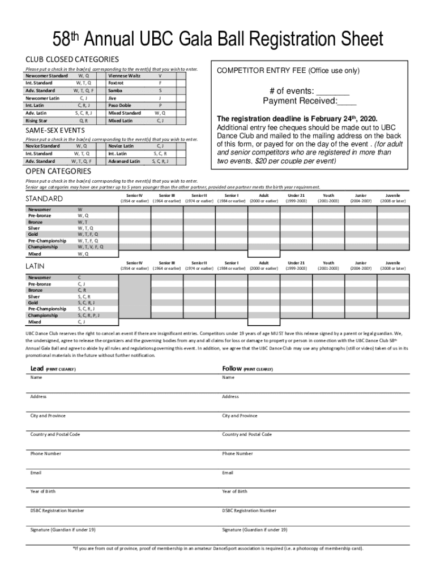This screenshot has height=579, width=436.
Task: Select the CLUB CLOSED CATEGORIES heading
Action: click(x=72, y=59)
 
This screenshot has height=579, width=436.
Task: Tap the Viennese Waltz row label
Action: click(x=124, y=76)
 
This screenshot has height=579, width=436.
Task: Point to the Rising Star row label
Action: click(x=36, y=120)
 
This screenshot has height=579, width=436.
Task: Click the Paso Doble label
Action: click(x=119, y=105)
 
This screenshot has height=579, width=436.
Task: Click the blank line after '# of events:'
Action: click(x=332, y=92)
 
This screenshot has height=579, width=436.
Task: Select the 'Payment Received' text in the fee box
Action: click(x=300, y=101)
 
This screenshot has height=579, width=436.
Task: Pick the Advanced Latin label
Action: click(x=124, y=161)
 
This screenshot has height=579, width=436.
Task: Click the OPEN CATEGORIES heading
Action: click(x=58, y=171)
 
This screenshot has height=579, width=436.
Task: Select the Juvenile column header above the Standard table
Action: click(x=392, y=198)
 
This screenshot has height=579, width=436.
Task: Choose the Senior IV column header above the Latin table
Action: click(x=134, y=266)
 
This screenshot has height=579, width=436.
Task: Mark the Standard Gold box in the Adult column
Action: click(x=263, y=234)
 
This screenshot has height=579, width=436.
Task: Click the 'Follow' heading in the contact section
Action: click(x=232, y=369)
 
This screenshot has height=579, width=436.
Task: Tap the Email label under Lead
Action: click(x=36, y=473)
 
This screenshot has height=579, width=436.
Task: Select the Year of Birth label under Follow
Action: click(x=234, y=491)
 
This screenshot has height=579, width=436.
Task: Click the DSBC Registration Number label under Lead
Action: click(x=57, y=511)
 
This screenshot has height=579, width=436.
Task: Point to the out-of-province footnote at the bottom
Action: click(x=218, y=548)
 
